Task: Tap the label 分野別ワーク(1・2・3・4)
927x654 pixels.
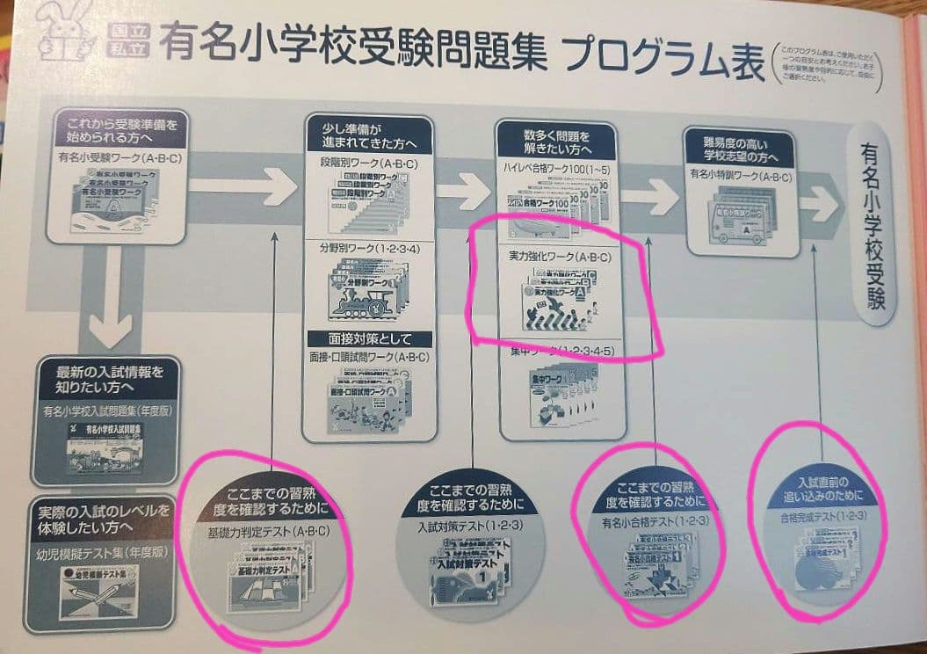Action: point(362,251)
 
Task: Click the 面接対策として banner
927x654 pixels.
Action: point(368,338)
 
